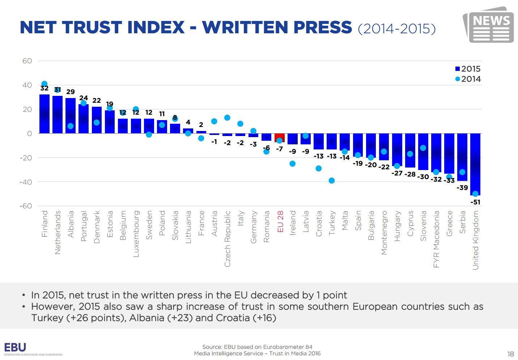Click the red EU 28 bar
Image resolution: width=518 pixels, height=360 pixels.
click(279, 138)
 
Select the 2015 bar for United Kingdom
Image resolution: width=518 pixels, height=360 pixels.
click(475, 164)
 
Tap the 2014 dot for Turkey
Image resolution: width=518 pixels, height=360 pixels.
click(332, 181)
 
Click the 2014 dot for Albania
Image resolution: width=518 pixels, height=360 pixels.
click(71, 126)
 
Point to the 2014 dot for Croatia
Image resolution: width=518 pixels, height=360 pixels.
click(319, 168)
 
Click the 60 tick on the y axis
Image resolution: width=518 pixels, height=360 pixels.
click(27, 61)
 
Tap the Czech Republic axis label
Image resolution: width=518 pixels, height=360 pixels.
click(227, 239)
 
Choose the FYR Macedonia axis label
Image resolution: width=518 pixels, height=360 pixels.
click(436, 239)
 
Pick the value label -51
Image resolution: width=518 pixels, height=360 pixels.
click(475, 202)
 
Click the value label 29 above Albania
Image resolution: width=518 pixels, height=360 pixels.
click(71, 92)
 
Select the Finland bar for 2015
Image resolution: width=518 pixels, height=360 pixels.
click(44, 114)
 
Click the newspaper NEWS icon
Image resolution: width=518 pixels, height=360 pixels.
click(488, 25)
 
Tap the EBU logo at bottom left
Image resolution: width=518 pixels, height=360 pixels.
click(15, 348)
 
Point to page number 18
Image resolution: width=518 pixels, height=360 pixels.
click(510, 354)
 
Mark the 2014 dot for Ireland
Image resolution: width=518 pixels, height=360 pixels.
click(293, 164)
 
